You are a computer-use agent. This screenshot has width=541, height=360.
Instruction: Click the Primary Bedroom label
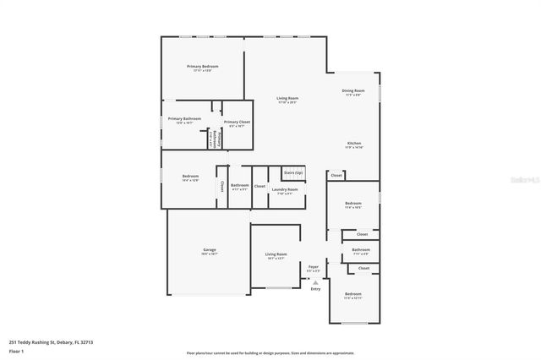point(203,66)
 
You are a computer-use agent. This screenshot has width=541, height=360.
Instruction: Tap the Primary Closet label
point(237,122)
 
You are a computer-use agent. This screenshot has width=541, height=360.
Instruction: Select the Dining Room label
point(352,90)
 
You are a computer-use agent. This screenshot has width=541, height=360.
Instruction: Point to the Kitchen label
point(354,143)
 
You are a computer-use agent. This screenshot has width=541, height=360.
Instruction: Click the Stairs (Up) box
point(292,172)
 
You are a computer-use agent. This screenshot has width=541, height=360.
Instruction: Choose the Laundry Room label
point(284,189)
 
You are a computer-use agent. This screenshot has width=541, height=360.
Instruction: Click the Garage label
point(210,250)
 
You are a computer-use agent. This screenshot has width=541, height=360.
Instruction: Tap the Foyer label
point(313,266)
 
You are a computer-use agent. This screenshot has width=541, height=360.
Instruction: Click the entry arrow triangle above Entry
point(315,281)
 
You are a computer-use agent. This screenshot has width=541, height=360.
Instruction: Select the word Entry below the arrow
point(315,289)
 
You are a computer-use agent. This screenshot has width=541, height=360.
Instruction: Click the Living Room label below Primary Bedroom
point(287,98)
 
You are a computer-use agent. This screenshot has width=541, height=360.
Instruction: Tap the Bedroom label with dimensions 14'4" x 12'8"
point(190,176)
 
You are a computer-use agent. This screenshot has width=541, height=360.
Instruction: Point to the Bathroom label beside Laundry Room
point(240,185)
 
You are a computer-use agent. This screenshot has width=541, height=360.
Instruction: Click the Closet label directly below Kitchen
point(336,176)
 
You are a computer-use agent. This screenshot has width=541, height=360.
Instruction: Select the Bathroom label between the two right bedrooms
point(361,249)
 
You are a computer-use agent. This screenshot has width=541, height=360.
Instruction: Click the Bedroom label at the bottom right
point(352,293)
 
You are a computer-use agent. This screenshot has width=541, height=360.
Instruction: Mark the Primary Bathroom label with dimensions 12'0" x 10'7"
point(184,118)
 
